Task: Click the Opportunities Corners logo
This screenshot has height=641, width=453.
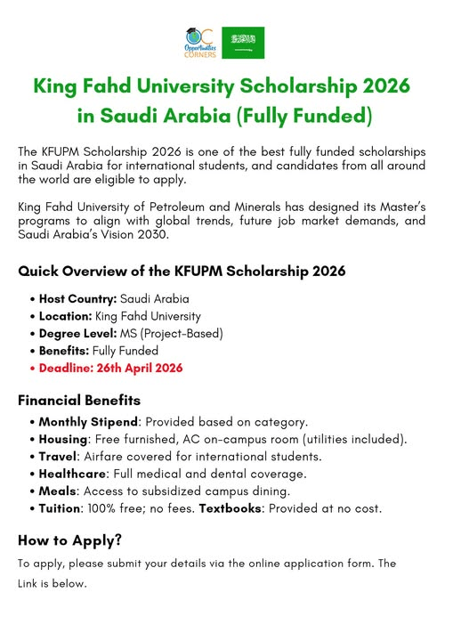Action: (x=198, y=42)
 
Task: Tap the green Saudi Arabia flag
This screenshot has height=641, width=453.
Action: (x=243, y=42)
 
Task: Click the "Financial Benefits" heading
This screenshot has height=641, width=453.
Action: (x=79, y=400)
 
